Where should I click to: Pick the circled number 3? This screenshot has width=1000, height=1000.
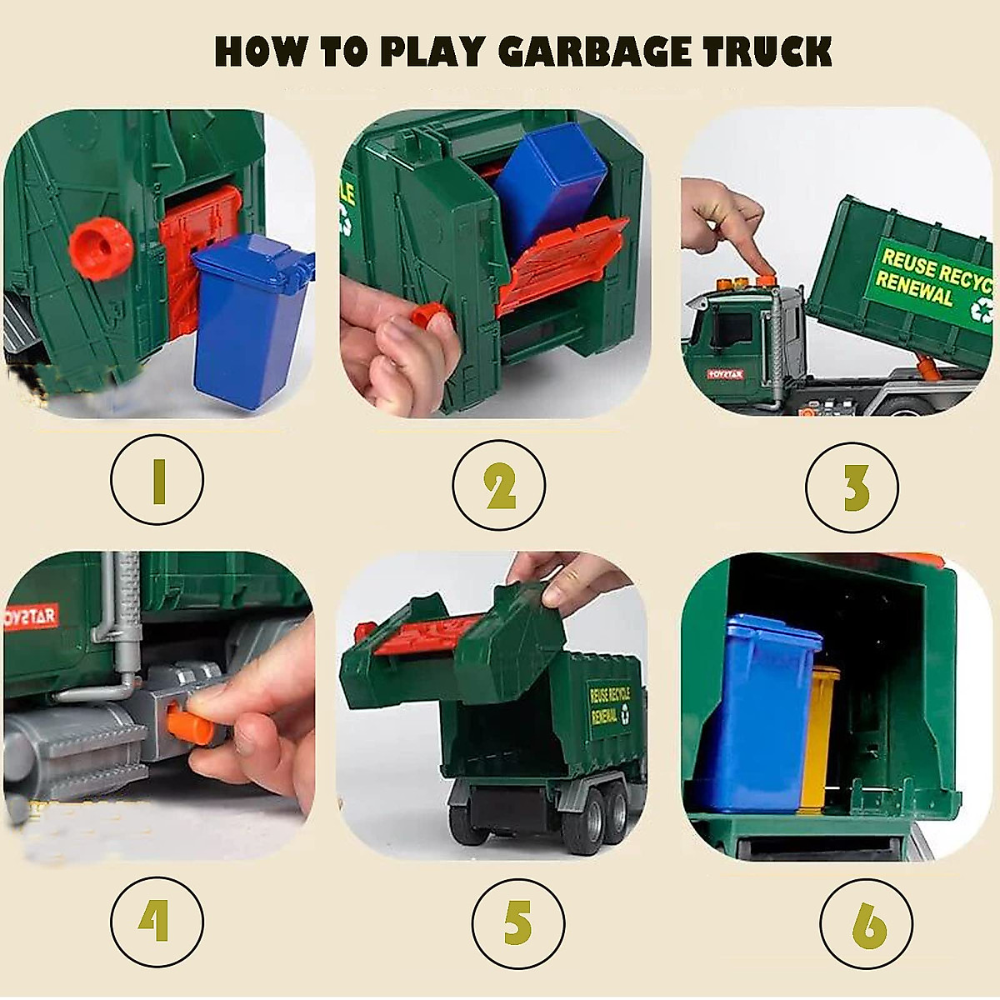852,487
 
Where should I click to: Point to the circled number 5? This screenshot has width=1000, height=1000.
517,923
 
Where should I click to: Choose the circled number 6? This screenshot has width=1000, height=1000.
867,923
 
